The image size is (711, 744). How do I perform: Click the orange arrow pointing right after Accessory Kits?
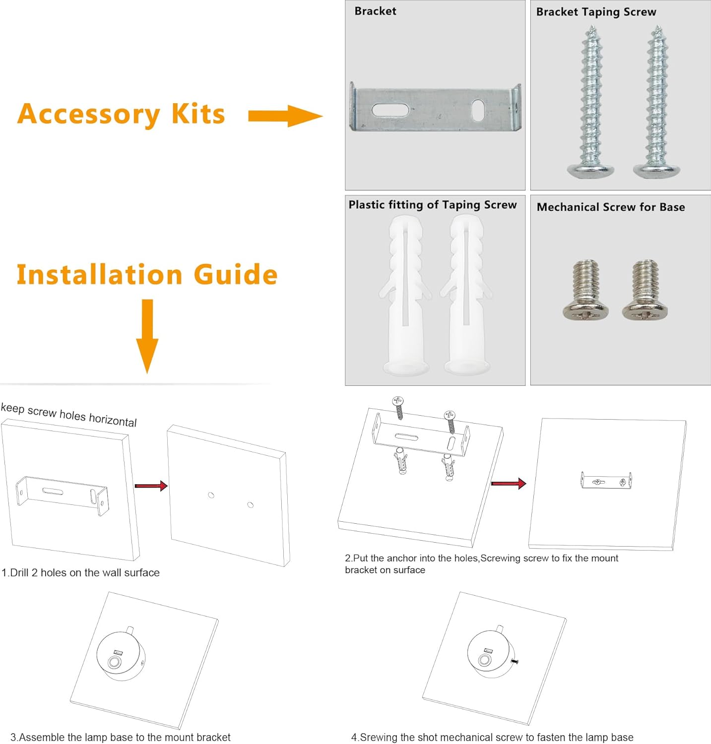click(285, 116)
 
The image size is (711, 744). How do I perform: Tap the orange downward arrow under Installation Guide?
click(147, 336)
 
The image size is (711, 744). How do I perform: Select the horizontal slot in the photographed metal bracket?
click(390, 110)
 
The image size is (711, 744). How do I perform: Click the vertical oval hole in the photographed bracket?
click(478, 110)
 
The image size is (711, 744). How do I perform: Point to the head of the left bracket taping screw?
click(591, 170)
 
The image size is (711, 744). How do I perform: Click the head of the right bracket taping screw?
click(657, 170)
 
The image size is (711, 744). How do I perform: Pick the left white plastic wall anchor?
click(406, 295)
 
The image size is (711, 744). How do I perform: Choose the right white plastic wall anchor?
click(466, 295)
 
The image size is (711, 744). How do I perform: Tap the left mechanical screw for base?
click(586, 290)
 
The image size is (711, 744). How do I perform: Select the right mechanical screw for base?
click(645, 290)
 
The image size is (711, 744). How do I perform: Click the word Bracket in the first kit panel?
click(375, 11)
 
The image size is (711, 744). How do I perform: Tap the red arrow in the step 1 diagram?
click(151, 486)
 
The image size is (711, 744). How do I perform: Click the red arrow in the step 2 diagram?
click(509, 483)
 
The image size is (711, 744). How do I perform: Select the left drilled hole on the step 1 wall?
click(211, 495)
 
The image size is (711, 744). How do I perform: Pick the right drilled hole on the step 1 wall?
click(251, 505)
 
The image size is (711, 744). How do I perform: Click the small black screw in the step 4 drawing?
click(515, 661)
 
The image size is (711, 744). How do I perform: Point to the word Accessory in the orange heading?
click(89, 115)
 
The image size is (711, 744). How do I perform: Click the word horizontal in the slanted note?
click(113, 419)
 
